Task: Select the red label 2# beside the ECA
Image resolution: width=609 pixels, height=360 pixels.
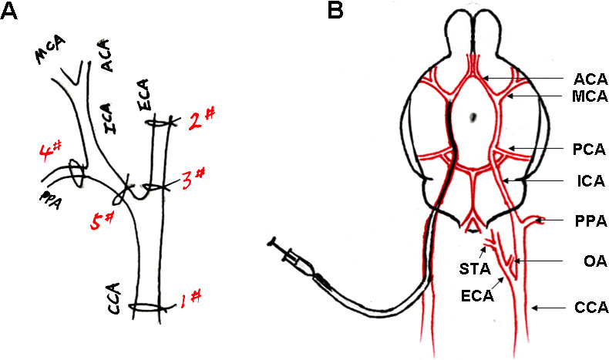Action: pyautogui.click(x=201, y=116)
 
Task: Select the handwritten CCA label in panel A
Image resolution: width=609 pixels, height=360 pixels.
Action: pyautogui.click(x=116, y=303)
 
